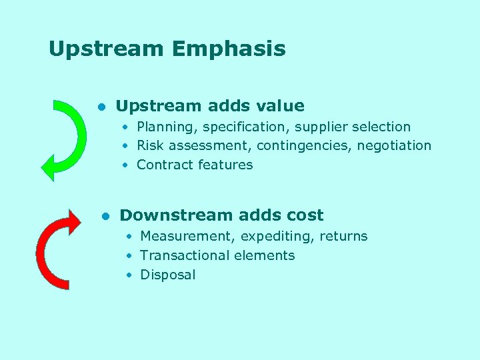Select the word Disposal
(168, 275)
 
